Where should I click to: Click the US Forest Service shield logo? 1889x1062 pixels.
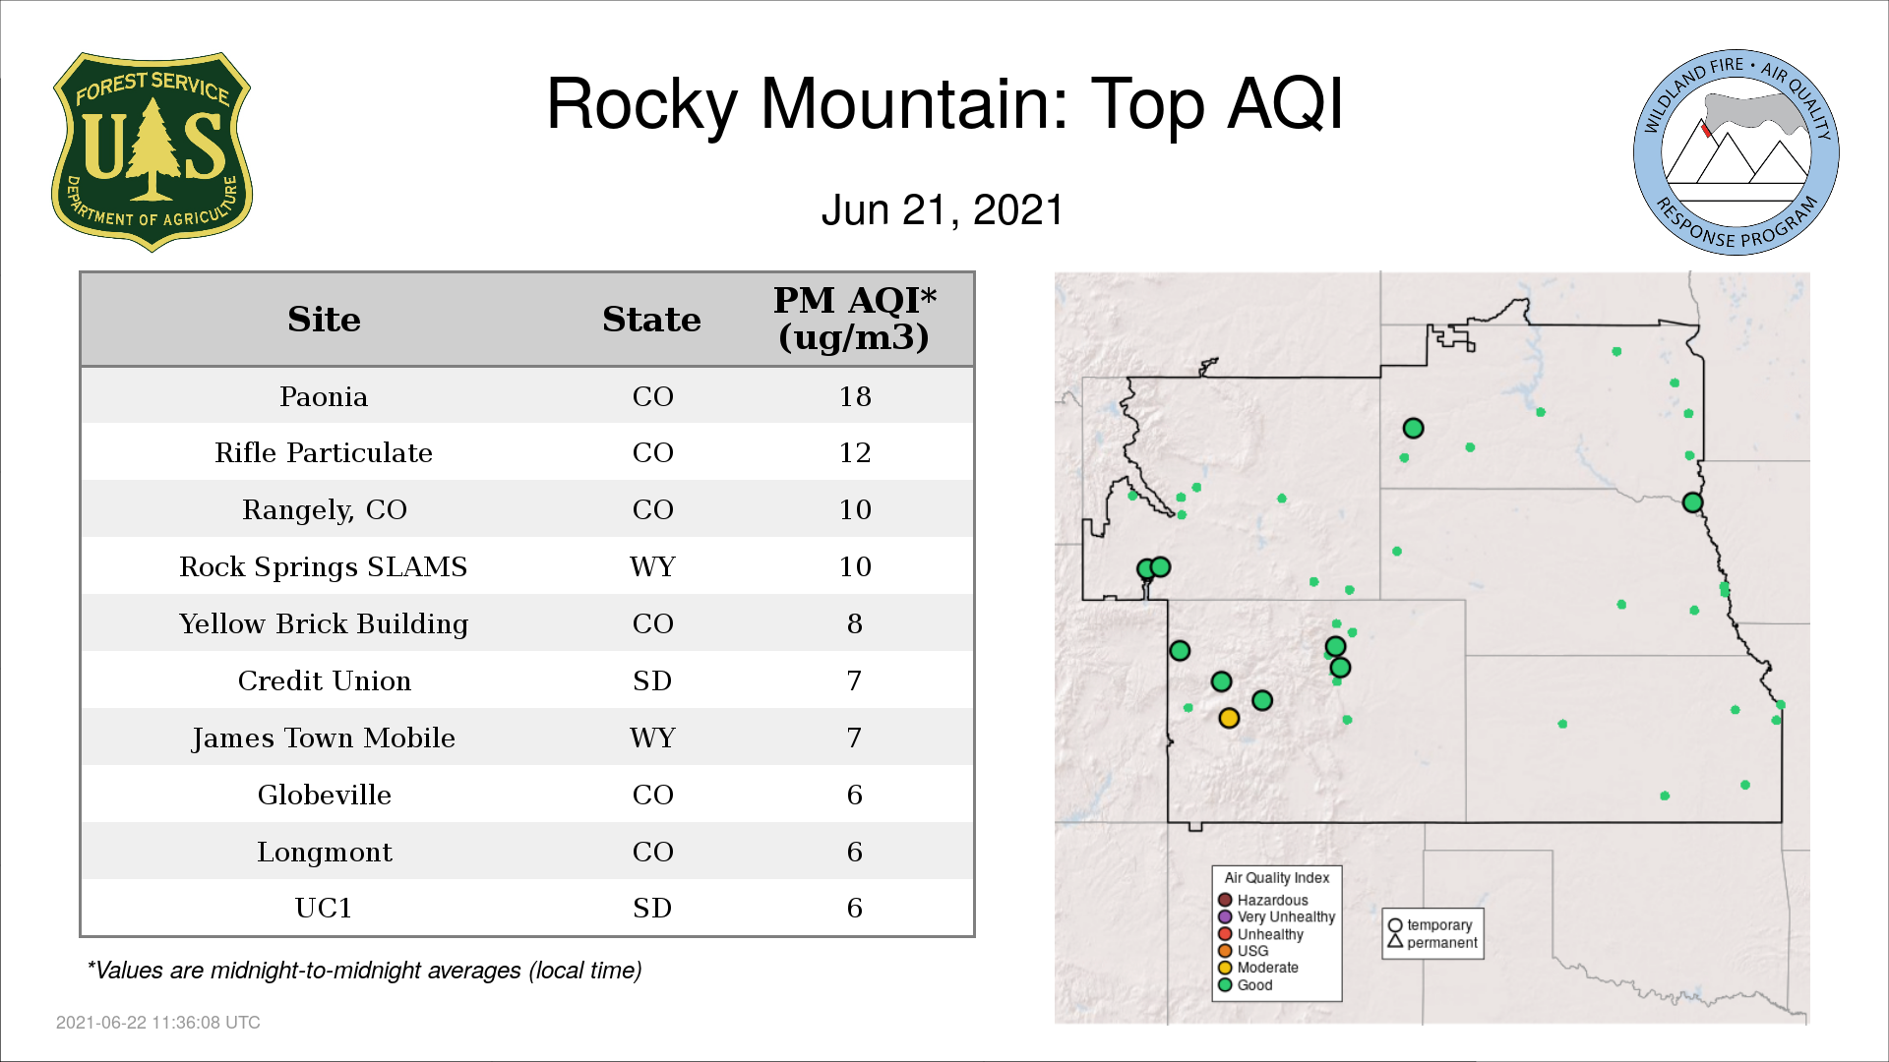152,151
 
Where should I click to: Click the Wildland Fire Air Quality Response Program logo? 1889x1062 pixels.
1736,152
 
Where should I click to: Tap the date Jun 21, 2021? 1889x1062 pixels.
943,210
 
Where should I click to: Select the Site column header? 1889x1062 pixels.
324,320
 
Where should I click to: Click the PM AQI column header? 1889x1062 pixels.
854,319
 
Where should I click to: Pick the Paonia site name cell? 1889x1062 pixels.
324,396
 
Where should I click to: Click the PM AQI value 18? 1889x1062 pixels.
855,396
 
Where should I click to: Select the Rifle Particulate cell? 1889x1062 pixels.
324,452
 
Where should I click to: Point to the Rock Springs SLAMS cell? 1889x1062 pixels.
324,566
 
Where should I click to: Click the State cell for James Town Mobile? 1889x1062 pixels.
652,737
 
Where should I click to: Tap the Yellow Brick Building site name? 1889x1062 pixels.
324,624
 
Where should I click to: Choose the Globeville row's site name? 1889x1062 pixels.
324,795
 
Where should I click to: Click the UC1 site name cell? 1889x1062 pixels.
324,908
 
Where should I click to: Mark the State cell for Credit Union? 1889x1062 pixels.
652,680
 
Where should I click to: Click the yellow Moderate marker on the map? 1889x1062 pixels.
1229,718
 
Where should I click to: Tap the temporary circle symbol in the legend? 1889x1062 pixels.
1395,925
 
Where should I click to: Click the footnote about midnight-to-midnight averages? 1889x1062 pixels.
364,971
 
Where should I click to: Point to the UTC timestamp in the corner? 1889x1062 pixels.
158,1023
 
